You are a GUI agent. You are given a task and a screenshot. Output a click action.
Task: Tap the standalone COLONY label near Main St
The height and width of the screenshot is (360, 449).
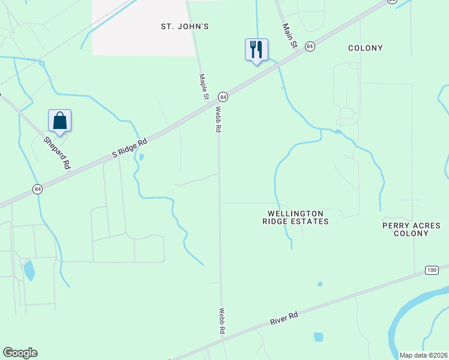(366, 48)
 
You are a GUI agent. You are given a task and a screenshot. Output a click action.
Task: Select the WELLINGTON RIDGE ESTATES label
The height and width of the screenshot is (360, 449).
(295, 217)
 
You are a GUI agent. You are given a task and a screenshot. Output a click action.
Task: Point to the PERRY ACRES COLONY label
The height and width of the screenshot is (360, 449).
(411, 229)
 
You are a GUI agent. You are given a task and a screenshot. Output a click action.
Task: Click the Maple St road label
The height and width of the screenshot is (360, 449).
(204, 86)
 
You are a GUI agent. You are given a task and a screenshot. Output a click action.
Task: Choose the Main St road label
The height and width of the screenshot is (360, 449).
(291, 35)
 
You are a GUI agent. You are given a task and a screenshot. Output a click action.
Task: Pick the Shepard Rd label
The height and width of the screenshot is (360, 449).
(57, 152)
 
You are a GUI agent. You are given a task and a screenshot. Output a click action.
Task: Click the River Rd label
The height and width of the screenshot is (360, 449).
(285, 317)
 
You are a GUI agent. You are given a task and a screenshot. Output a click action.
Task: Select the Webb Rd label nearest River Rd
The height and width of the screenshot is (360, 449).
(221, 321)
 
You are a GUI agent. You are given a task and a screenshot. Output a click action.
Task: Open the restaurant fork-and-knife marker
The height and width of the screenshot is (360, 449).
(256, 49)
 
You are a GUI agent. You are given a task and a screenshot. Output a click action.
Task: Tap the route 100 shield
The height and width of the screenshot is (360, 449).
(432, 270)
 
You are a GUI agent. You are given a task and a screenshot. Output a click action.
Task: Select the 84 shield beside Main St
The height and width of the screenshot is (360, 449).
(310, 46)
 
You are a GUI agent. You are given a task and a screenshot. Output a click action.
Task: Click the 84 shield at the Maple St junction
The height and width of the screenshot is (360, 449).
(223, 96)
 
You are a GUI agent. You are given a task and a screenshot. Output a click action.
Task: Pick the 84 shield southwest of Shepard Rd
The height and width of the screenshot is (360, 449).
(38, 189)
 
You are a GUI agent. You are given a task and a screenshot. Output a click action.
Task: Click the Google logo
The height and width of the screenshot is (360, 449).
(20, 353)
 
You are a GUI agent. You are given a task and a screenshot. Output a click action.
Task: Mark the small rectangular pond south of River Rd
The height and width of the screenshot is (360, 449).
(318, 337)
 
